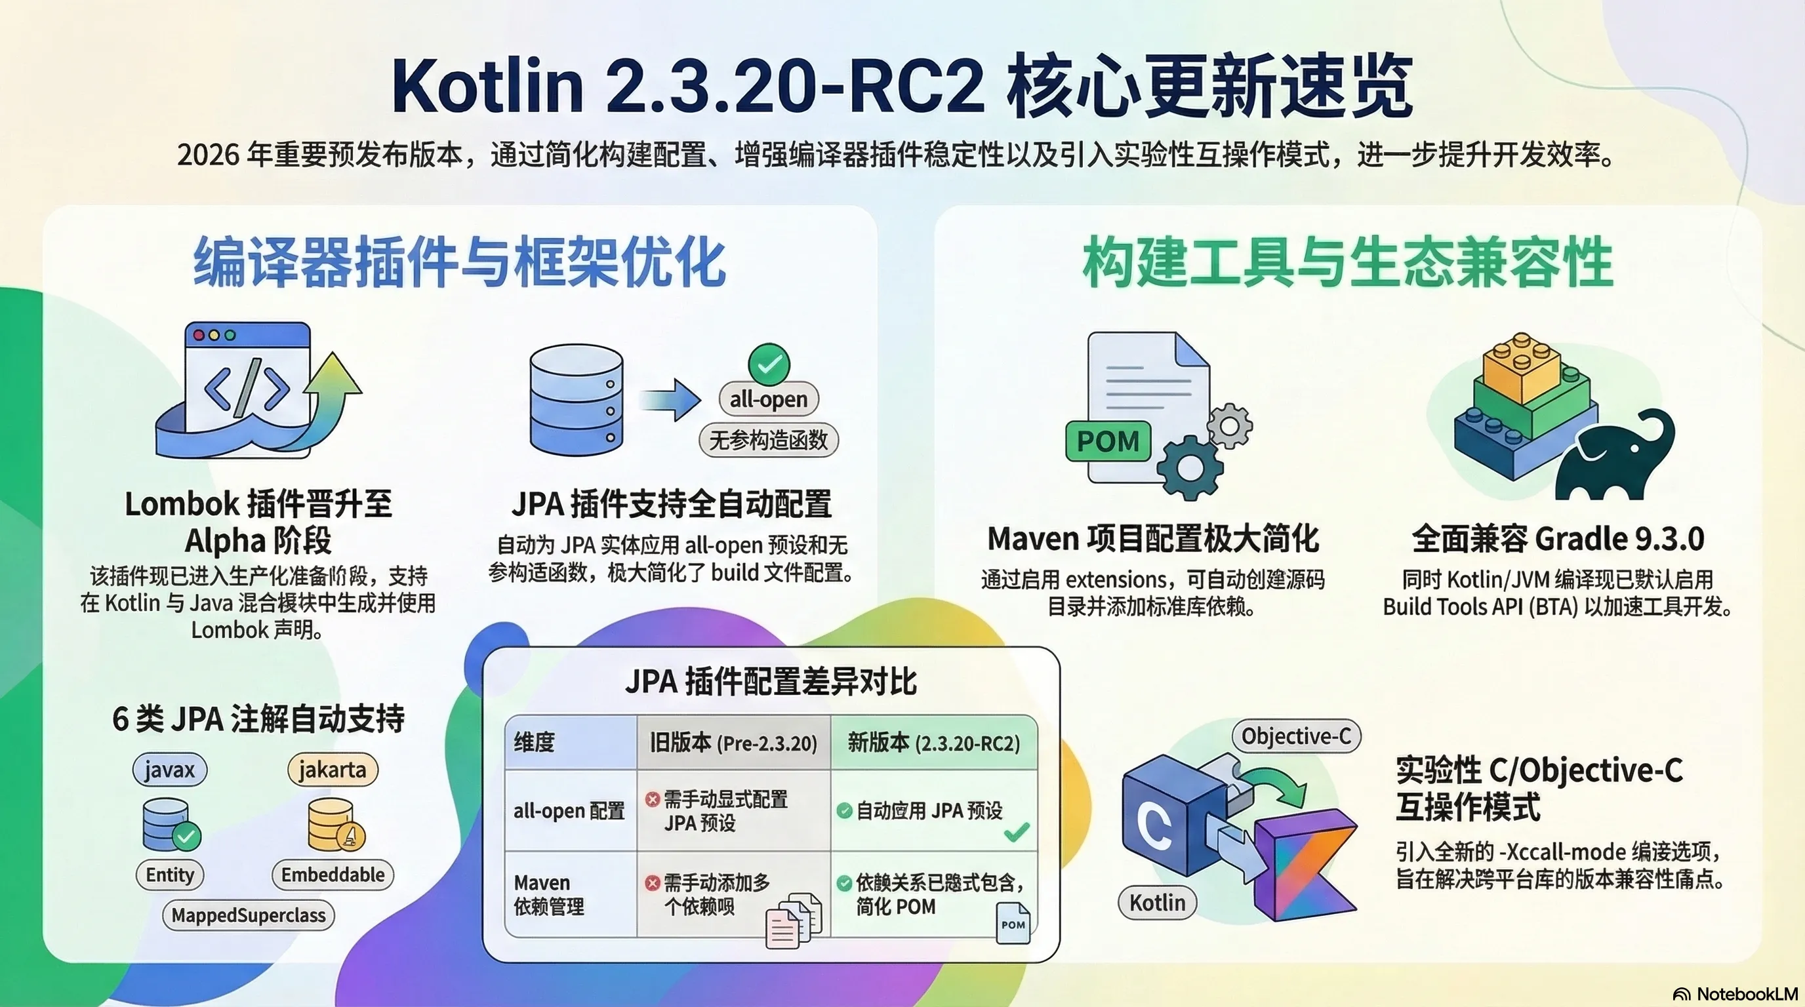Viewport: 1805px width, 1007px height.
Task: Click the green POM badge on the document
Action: [1108, 441]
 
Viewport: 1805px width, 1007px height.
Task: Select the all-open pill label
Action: [769, 399]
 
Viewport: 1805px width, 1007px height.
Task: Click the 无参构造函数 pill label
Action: [769, 441]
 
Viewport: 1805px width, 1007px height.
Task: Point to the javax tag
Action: [170, 770]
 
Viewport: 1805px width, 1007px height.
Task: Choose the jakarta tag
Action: [332, 770]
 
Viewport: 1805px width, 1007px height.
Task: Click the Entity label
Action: [170, 875]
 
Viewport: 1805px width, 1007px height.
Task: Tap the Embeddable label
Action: [333, 875]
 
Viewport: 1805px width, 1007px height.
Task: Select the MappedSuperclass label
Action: [249, 915]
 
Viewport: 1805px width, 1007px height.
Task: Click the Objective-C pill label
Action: [1296, 736]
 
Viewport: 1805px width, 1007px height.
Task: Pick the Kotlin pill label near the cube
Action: [1158, 903]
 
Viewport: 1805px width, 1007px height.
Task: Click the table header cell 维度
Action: [535, 742]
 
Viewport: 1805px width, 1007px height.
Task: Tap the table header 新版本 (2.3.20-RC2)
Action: [934, 742]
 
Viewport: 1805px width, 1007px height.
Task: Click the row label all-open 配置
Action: [569, 811]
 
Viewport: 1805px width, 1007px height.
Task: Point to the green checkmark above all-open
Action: [769, 363]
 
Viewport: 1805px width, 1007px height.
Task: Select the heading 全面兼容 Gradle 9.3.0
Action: [1558, 539]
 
